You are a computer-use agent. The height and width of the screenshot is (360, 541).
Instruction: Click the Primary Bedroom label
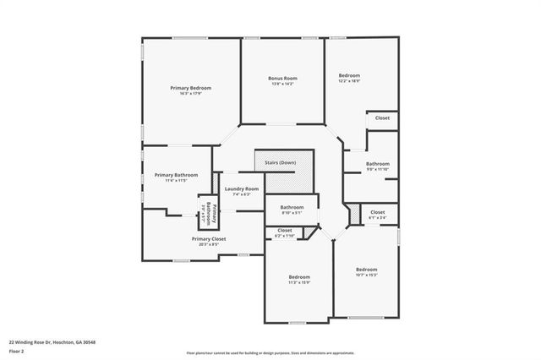coord(190,88)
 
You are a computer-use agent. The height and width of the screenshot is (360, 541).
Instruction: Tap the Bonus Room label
coord(282,78)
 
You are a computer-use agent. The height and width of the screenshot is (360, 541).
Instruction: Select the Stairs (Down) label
coord(282,161)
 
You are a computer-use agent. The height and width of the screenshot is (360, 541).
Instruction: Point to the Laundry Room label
coord(241,188)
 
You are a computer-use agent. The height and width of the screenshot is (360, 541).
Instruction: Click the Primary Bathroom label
coord(176,175)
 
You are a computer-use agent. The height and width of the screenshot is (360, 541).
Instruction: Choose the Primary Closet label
coord(208,239)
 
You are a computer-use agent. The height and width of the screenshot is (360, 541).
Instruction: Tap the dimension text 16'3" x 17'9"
coord(190,94)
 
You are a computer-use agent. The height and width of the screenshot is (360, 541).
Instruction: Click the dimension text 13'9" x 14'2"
coord(282,84)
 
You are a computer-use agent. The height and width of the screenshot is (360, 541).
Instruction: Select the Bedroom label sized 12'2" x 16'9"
coord(349,75)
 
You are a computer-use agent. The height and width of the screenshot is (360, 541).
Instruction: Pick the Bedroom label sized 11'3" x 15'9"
coord(299,277)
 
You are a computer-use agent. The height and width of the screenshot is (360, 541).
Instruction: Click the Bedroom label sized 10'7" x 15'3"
coord(366,269)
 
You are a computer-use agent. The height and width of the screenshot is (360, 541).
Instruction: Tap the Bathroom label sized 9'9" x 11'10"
coord(378,163)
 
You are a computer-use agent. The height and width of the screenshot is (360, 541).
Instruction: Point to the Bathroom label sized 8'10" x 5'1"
coord(292,207)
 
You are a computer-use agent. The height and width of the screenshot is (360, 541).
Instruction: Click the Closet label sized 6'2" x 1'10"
coord(285,230)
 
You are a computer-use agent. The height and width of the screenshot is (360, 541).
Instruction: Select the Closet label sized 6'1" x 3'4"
coord(377,212)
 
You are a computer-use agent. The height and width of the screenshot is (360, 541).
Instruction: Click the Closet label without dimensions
coord(382,118)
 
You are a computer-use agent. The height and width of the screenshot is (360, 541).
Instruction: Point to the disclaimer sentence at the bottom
coord(270,352)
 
